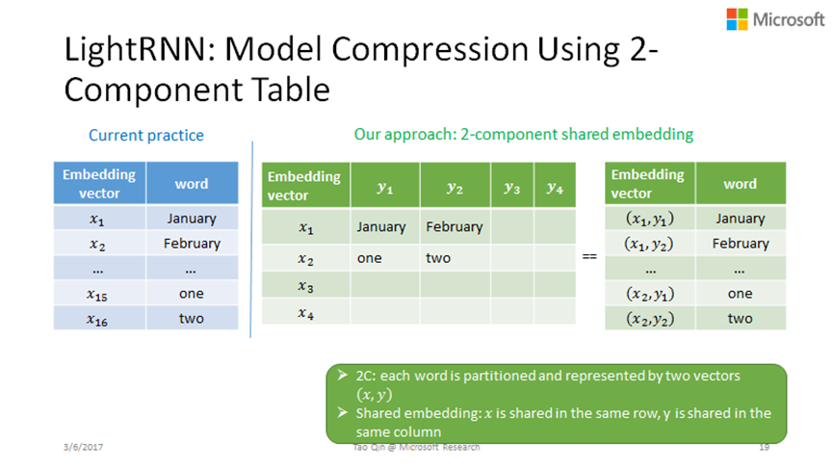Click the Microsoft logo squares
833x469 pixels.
[737, 19]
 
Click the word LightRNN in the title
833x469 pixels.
[135, 49]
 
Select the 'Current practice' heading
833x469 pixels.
[146, 136]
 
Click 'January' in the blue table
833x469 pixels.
[192, 219]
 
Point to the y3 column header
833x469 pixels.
[512, 187]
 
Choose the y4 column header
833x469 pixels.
[555, 187]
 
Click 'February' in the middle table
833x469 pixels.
[455, 227]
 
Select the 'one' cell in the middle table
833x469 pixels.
[369, 258]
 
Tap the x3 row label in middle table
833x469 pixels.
[305, 287]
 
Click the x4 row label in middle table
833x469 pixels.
[305, 313]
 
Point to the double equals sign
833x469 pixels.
[589, 256]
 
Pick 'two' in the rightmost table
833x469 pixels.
[740, 319]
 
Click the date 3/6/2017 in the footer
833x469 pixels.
[83, 447]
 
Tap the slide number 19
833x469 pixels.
[764, 447]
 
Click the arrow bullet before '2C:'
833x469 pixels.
[343, 376]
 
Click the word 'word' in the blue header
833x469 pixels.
[192, 184]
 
